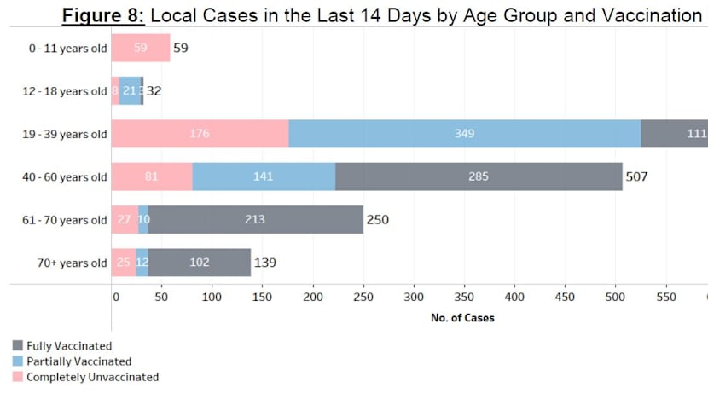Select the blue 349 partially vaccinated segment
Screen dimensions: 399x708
point(465,134)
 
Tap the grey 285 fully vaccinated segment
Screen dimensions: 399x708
point(479,176)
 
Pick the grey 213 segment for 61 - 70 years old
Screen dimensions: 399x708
point(255,220)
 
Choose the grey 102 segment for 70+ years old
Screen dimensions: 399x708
point(200,263)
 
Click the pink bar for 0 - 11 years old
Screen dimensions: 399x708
point(141,49)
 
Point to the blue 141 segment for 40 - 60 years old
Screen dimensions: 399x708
point(264,176)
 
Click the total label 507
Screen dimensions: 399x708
point(637,177)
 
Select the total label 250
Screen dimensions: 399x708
point(377,220)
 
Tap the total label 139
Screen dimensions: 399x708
point(264,263)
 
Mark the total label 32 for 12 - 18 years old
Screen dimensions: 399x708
point(154,91)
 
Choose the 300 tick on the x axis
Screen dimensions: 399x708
point(414,297)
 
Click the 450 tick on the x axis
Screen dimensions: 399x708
point(565,297)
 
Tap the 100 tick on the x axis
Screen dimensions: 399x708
point(212,297)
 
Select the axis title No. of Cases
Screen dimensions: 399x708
point(461,318)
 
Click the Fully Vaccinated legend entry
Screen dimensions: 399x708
point(68,346)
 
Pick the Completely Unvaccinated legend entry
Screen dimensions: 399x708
point(92,377)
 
